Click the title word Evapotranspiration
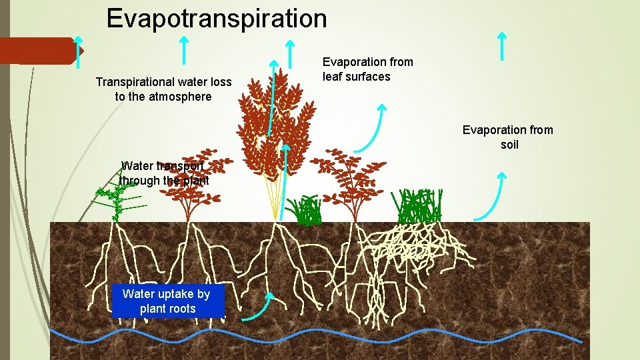click(x=217, y=18)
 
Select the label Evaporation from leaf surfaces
click(x=367, y=69)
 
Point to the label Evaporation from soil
click(x=508, y=137)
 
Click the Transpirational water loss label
click(x=163, y=89)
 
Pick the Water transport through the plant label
click(x=164, y=173)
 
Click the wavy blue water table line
click(x=320, y=333)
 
